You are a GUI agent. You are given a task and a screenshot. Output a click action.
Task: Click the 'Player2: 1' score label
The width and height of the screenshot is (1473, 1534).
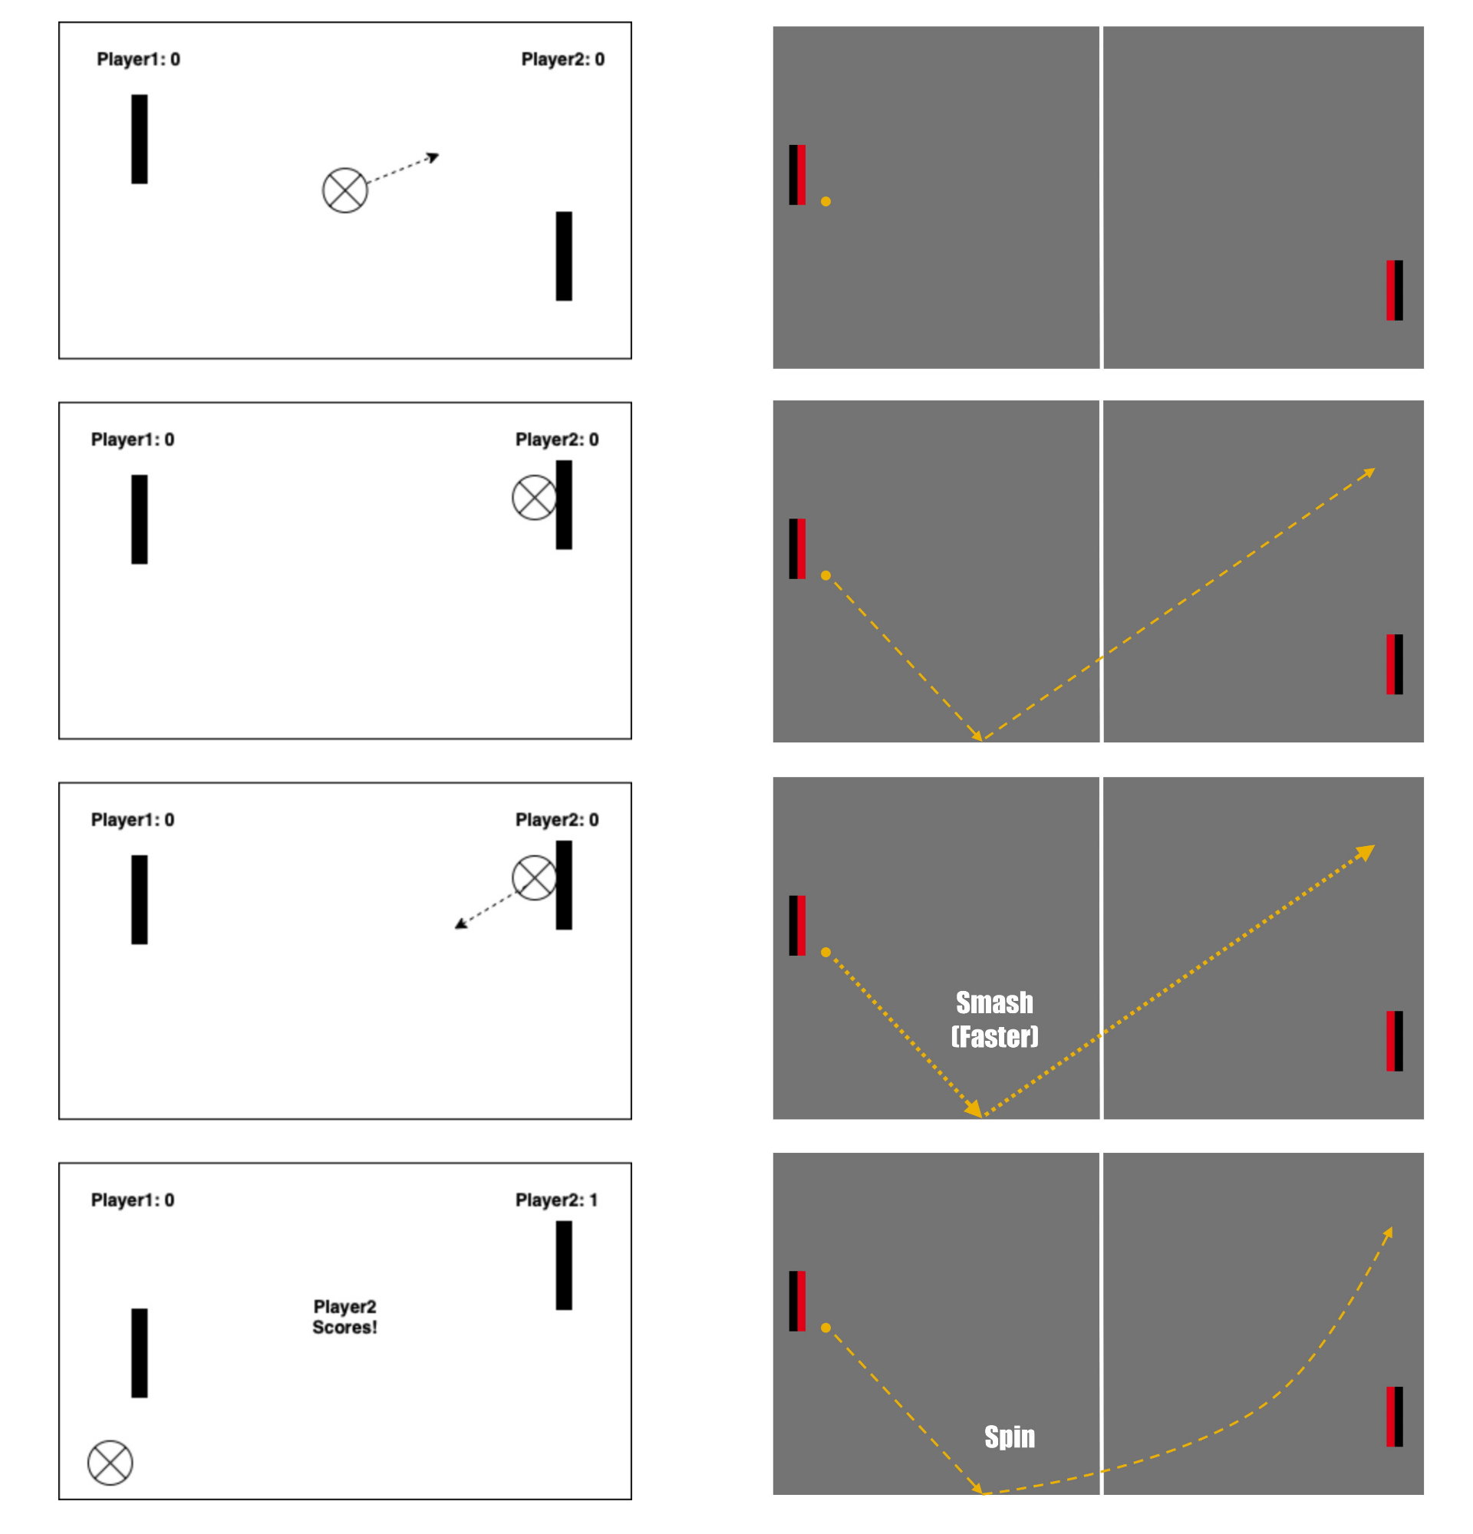tap(556, 1200)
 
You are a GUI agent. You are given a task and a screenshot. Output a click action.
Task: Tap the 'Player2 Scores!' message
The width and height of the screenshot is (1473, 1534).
tap(344, 1316)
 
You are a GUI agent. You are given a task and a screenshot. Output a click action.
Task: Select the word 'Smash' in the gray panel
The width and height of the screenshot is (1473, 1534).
tap(994, 1002)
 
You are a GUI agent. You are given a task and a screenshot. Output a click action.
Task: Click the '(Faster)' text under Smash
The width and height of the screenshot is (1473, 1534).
tap(994, 1036)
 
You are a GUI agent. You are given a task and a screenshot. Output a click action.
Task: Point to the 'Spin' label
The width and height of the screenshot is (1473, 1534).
tap(1009, 1436)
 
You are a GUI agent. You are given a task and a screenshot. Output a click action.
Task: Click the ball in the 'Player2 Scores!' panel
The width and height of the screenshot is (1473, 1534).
tap(110, 1462)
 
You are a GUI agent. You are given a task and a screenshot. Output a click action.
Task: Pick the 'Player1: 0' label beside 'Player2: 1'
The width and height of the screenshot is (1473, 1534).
tap(132, 1200)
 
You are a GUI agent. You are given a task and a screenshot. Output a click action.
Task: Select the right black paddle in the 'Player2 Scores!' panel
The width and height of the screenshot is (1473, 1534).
tap(564, 1265)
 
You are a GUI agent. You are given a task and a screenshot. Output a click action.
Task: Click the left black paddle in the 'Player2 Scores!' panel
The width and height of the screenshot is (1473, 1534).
tap(140, 1352)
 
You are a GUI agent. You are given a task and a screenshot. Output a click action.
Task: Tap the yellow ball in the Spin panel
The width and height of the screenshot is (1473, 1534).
tap(825, 1328)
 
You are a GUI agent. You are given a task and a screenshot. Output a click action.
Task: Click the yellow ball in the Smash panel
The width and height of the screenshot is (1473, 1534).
tap(825, 952)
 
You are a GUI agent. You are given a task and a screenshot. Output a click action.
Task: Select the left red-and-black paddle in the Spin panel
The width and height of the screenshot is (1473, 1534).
tap(797, 1301)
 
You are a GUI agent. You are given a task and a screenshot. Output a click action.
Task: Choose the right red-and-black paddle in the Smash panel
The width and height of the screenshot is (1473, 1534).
tap(1394, 1041)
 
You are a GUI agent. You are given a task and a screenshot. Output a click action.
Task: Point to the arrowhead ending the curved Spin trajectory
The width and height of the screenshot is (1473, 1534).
tap(1388, 1233)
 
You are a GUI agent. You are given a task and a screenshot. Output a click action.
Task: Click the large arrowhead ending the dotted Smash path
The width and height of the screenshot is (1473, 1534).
tap(1366, 851)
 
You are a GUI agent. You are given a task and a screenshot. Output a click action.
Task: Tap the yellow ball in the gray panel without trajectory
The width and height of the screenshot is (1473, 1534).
tap(825, 201)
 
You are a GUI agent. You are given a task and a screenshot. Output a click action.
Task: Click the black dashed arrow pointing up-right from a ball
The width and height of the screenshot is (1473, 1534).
tap(403, 169)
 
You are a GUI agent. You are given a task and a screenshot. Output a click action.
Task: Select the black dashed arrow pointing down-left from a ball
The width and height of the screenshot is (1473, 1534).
tap(483, 911)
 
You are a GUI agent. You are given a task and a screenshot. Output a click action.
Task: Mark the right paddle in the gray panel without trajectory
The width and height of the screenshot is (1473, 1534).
tap(1394, 290)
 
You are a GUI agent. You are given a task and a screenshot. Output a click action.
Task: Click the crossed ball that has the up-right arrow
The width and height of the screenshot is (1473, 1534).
tap(345, 190)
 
